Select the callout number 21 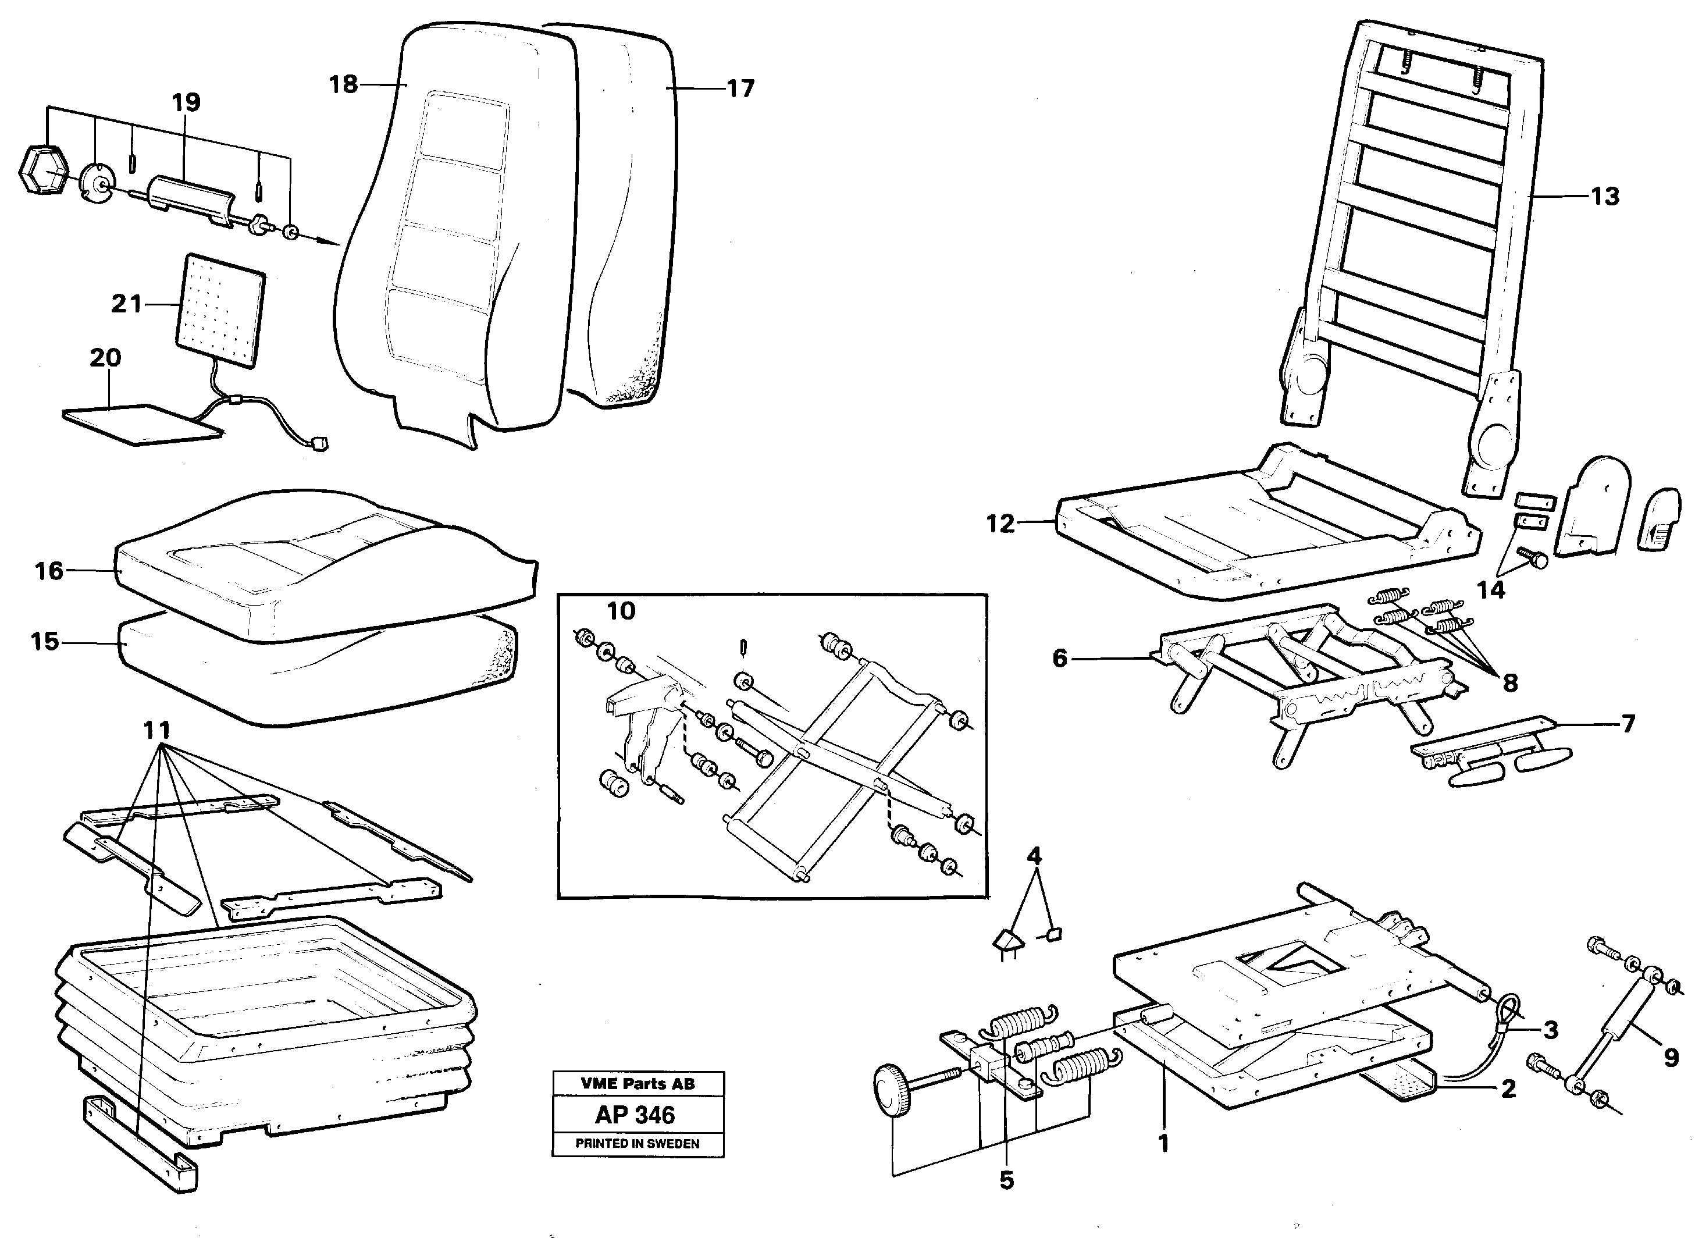point(126,304)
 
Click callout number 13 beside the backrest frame point(1605,196)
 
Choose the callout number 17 point(740,89)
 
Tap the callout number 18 point(343,85)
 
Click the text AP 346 point(635,1115)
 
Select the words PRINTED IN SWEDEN point(637,1144)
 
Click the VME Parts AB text point(637,1084)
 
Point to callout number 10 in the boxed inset point(621,611)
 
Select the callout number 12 point(1000,523)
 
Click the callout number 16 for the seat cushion point(49,571)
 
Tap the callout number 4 point(1034,855)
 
